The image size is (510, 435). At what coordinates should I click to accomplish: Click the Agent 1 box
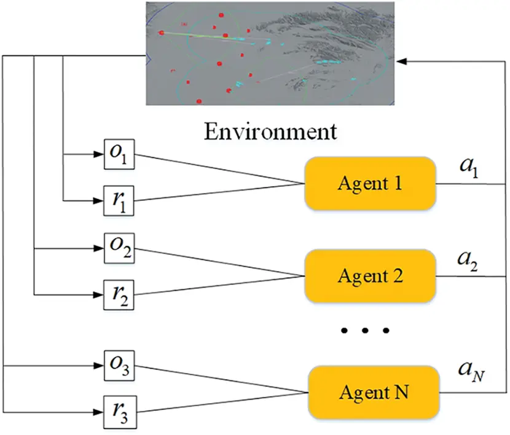(371, 183)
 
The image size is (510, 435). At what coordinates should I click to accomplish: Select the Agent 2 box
(371, 276)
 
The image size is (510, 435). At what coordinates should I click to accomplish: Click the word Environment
(270, 131)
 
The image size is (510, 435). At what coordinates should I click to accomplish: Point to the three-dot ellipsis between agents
(365, 331)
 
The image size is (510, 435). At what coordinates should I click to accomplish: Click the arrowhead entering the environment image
(402, 61)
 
